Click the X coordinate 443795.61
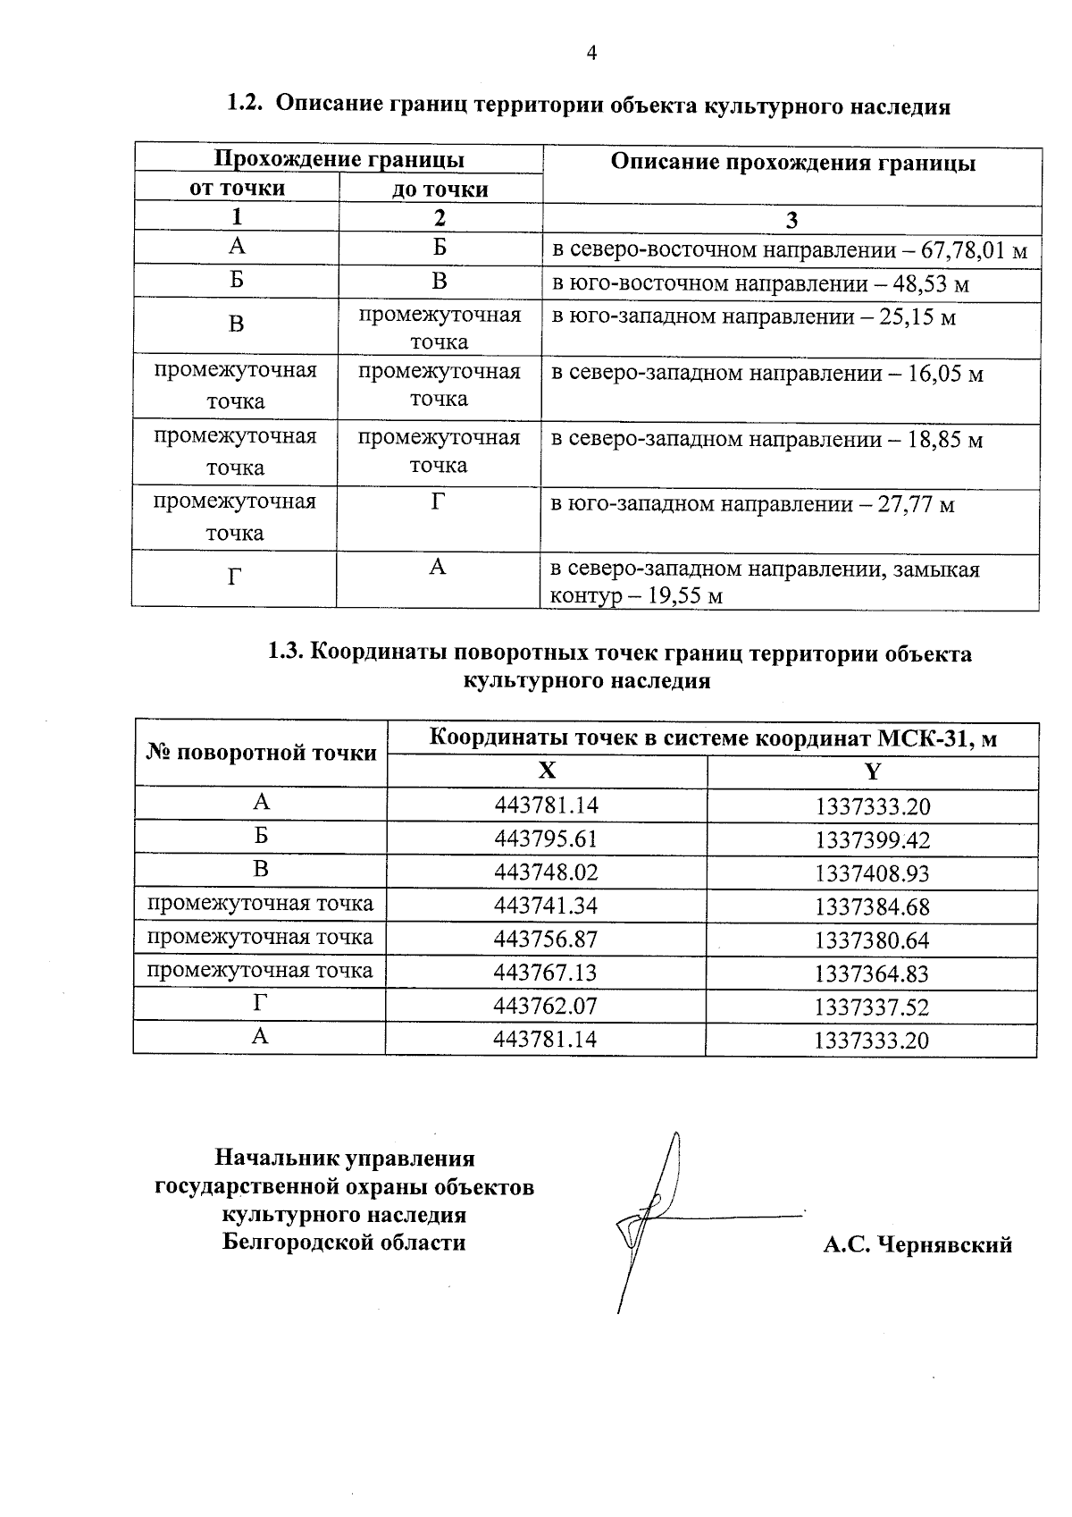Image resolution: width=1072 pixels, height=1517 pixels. pos(546,839)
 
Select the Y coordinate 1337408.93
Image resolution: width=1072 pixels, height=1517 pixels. pos(872,873)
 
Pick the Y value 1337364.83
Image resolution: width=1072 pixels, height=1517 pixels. pos(872,973)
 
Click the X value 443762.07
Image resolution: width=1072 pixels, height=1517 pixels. pos(545,1007)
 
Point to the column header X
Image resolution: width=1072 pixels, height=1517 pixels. pos(547,771)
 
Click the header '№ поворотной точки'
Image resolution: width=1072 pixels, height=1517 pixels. pos(261,754)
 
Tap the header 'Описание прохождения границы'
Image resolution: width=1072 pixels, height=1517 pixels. pos(792,164)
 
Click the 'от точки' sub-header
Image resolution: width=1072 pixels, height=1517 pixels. pos(237,188)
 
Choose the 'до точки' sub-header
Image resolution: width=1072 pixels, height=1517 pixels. pos(440,190)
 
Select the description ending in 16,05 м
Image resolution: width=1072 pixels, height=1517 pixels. pos(766,374)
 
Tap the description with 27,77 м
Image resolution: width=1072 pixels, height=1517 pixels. pos(752,505)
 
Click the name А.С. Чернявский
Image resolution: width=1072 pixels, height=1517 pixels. pos(917,1244)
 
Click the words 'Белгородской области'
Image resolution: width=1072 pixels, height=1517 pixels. pos(344,1242)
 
